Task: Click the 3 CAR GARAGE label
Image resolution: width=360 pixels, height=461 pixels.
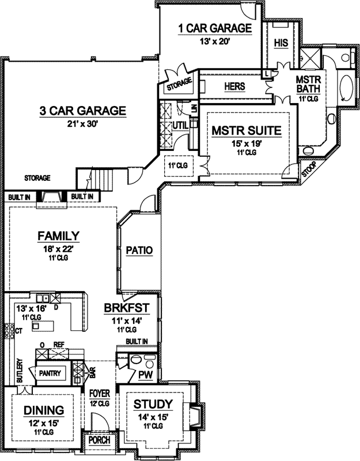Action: (82, 111)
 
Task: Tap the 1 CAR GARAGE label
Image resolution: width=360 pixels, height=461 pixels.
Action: (214, 28)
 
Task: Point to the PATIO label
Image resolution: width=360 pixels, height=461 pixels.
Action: (140, 251)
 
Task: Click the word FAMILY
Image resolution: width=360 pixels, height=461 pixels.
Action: (58, 236)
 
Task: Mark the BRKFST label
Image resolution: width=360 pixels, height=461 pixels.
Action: (127, 308)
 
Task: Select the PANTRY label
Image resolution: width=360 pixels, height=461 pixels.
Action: (50, 373)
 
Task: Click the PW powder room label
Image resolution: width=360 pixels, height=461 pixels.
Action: (145, 375)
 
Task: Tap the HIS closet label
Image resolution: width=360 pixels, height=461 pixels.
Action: (281, 43)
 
